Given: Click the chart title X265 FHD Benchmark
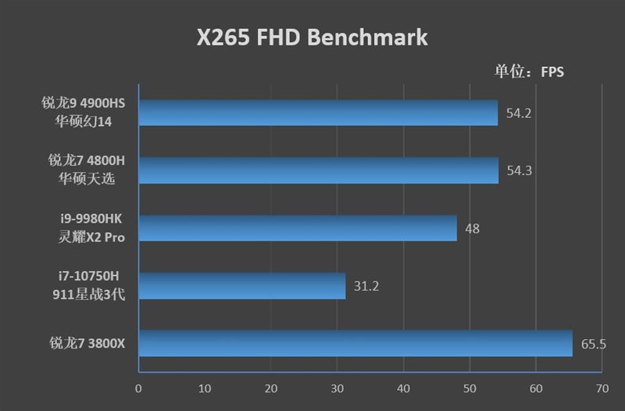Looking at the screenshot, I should point(312,37).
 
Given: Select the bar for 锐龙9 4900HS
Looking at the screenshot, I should point(319,113).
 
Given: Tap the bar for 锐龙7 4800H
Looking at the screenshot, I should point(319,170).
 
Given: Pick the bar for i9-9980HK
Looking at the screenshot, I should point(298,228).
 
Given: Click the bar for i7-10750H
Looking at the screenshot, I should point(242,286).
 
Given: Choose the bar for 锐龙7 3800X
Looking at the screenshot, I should point(355,343).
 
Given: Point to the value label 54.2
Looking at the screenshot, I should point(519,113).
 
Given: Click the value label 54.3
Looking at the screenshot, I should point(519,170).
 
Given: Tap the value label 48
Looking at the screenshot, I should point(472,228).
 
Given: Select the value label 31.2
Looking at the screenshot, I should point(366,286).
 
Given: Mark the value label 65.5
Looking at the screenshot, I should point(594,343).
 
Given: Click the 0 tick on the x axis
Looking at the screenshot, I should point(139,388).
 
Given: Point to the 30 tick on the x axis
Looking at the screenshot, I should point(337,388).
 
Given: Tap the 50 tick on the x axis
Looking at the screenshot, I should point(470,388).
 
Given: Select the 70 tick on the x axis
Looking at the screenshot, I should point(602,388).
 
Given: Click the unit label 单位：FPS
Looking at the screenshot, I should point(529,72).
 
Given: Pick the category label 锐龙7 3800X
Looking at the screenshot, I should point(87,343).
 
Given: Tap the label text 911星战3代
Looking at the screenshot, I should point(87,295).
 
